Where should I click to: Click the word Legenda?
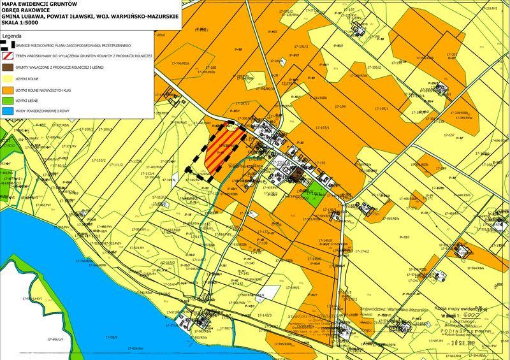(14, 36)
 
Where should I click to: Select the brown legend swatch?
(7, 67)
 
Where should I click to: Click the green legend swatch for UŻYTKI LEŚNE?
(7, 100)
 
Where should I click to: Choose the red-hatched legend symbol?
(7, 56)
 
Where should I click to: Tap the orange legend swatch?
(7, 89)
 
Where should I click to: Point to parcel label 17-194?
(339, 106)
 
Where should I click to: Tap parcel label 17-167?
(449, 135)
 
